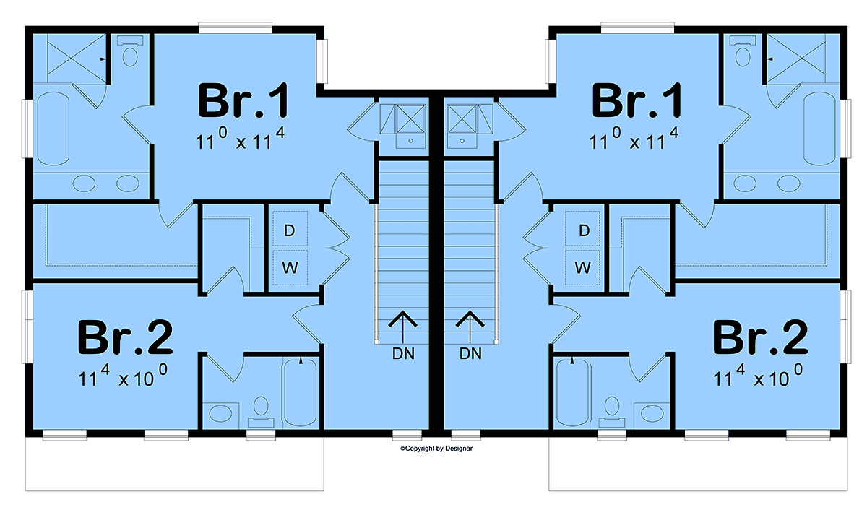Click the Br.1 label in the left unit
tap(243, 100)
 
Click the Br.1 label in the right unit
tap(637, 100)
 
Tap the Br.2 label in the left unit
tap(124, 337)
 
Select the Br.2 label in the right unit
tap(760, 337)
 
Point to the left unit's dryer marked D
tap(290, 229)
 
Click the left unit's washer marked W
tap(290, 267)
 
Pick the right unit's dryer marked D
tap(583, 229)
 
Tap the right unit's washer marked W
tap(583, 267)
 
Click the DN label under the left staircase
tap(403, 353)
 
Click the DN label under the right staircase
tap(470, 353)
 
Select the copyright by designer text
tap(436, 449)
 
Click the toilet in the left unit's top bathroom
tap(130, 52)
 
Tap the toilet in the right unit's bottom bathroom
tap(612, 411)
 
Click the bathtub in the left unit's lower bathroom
tap(301, 392)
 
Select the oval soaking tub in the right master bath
tap(819, 129)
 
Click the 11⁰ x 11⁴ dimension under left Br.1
tap(240, 139)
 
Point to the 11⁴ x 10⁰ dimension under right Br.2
tap(758, 376)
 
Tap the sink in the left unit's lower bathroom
tap(220, 414)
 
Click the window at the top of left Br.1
tap(235, 28)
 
